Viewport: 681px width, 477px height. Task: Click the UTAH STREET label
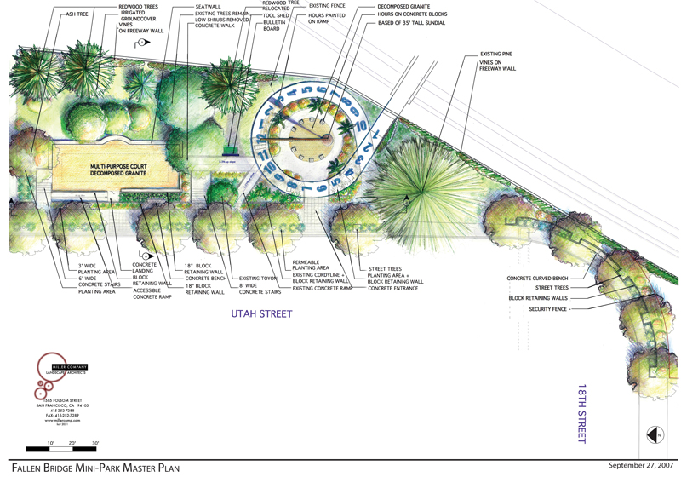tap(261, 314)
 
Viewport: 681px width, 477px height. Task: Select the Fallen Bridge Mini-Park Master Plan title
tap(95, 468)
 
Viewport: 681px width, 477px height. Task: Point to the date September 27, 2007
tap(642, 466)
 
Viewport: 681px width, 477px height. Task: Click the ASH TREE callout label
tap(79, 14)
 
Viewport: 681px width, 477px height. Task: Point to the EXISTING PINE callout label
tap(495, 55)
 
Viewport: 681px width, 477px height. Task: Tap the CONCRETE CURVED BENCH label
tap(540, 279)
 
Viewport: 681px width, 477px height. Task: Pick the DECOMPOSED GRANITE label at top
tap(403, 6)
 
